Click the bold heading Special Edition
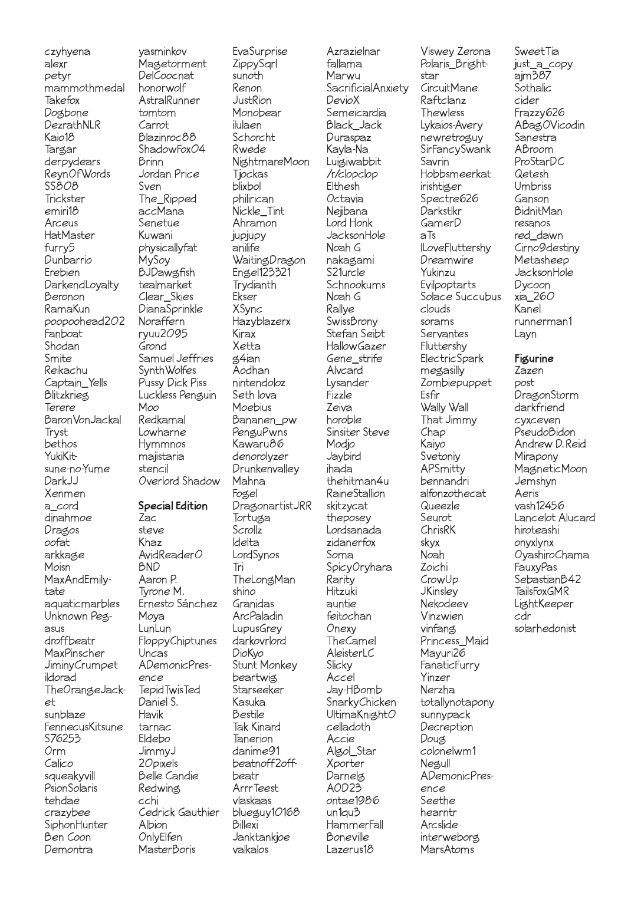[173, 506]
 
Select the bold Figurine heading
[534, 358]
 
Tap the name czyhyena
[67, 52]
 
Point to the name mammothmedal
[84, 88]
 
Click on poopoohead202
[84, 322]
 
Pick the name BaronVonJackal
[83, 420]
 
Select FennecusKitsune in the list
[84, 727]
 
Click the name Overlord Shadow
[179, 481]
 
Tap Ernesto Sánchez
[177, 604]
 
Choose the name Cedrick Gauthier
[179, 812]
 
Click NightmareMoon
[271, 162]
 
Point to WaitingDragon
[269, 260]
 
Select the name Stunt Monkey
[264, 665]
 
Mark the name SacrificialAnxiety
[367, 88]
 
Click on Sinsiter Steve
[358, 432]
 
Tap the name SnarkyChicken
[361, 702]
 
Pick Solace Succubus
[461, 296]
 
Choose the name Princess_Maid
[454, 641]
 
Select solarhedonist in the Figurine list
[545, 628]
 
